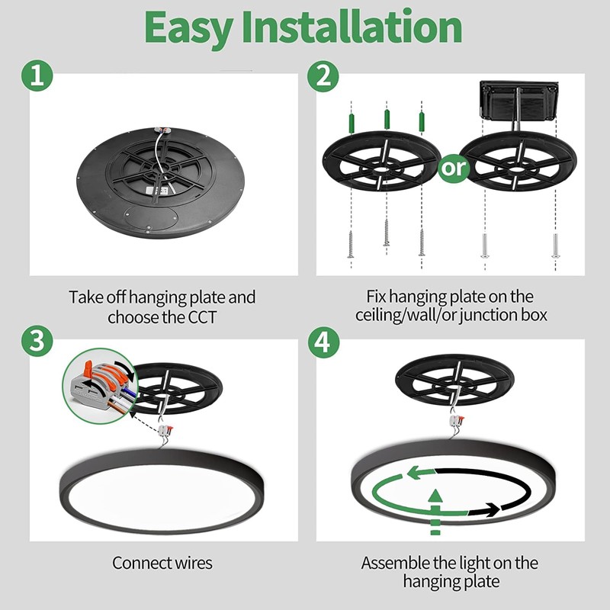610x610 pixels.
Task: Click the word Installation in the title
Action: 352,27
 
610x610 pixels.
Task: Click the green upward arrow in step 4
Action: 434,503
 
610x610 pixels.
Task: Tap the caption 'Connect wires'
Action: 162,563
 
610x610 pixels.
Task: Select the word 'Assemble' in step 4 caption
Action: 393,563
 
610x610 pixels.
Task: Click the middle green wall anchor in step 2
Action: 387,118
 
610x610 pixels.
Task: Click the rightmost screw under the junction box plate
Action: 554,246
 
